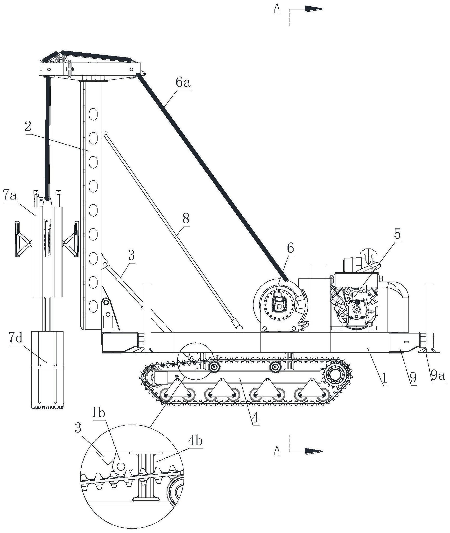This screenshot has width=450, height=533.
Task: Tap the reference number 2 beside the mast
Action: tap(28, 126)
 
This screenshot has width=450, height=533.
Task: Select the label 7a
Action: tap(10, 196)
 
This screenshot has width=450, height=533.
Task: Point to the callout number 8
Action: tap(186, 218)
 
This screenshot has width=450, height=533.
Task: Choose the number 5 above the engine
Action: tap(397, 234)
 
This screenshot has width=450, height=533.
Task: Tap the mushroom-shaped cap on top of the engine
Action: tap(368, 252)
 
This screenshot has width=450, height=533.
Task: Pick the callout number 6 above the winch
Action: tap(290, 248)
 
